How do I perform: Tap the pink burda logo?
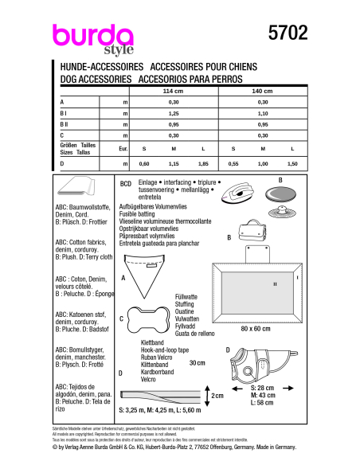92,36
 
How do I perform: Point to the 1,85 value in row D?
203,162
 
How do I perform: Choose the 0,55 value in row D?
233,162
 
